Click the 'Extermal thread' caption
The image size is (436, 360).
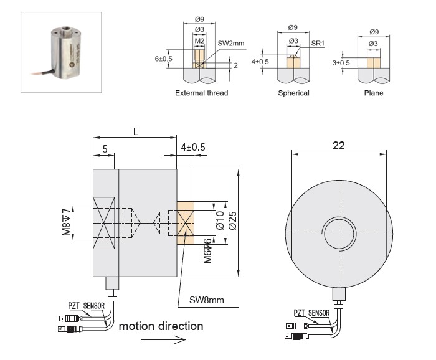201,93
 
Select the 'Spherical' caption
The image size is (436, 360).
293,93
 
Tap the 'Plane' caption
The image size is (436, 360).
373,93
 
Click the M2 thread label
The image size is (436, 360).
199,41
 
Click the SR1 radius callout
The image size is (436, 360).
317,44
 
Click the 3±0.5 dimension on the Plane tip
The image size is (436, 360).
341,63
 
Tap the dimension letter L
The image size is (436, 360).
135,131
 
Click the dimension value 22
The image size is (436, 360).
338,145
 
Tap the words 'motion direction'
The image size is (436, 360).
161,326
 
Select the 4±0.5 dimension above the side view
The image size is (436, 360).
193,147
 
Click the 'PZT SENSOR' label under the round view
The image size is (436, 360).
310,313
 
